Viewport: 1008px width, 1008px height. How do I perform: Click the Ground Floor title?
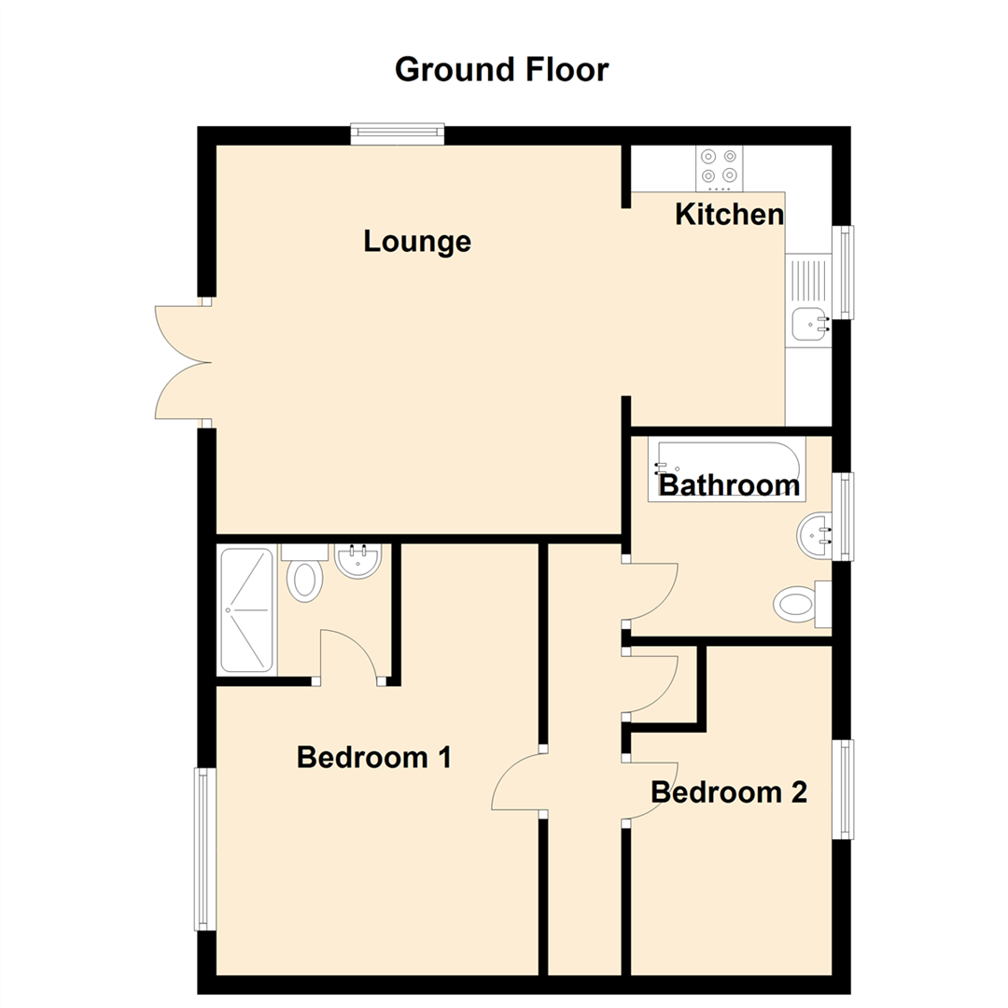tap(501, 70)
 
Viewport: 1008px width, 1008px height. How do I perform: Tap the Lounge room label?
tap(417, 242)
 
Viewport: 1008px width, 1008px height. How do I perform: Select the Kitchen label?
tap(729, 215)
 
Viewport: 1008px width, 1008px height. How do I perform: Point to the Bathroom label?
tap(729, 485)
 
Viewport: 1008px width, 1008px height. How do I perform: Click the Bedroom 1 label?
tap(374, 757)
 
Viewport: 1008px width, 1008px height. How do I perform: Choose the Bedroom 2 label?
tap(728, 792)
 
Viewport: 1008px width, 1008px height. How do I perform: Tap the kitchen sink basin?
tap(807, 324)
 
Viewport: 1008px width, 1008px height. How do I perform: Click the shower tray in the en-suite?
tap(246, 610)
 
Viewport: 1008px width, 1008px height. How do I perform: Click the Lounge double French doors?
tap(182, 362)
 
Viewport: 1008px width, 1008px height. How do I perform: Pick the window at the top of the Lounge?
tap(397, 135)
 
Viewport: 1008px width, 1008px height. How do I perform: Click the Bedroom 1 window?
tap(205, 848)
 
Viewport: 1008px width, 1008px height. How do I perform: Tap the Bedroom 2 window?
tap(843, 789)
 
